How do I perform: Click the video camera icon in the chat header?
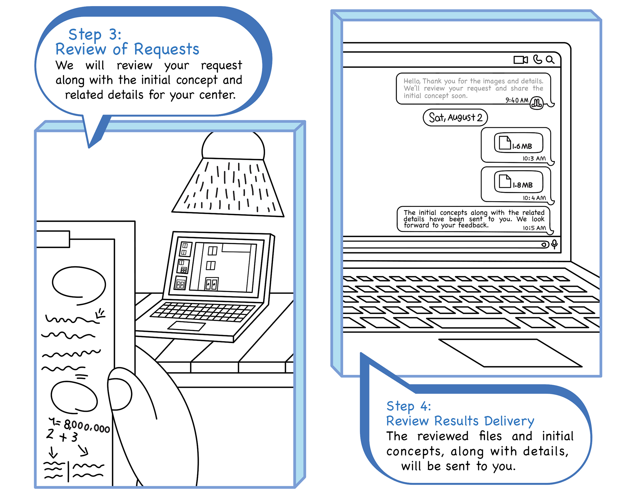coord(521,60)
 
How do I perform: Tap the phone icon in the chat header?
coord(537,59)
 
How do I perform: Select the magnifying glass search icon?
coord(550,60)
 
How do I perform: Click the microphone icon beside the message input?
coord(554,244)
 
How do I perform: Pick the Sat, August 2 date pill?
coord(455,117)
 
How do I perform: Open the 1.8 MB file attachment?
coord(518,182)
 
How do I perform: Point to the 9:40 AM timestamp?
coord(517,100)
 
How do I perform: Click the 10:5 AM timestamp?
coord(534,228)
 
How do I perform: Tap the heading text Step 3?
coord(95,34)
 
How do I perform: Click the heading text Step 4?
coord(409,406)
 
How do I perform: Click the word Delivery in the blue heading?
coord(509,421)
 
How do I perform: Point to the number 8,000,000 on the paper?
coord(87,426)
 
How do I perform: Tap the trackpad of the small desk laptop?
coord(187,326)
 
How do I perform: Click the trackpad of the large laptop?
coord(510,353)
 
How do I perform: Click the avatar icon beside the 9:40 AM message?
coord(537,103)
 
